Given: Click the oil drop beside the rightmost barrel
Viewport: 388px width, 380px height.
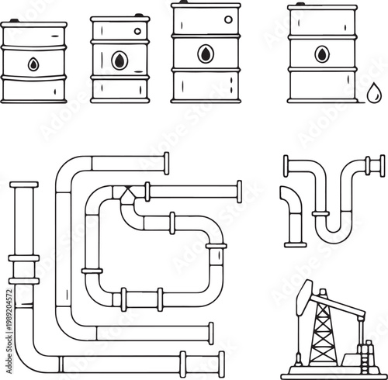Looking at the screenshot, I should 374,94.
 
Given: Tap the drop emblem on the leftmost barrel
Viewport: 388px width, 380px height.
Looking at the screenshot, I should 33,64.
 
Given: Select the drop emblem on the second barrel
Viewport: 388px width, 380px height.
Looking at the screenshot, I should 118,60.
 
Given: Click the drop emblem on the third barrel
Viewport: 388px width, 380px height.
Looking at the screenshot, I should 205,54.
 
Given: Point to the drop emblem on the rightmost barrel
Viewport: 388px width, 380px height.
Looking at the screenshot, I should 321,54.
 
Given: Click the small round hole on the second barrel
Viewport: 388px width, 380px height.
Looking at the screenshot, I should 138,32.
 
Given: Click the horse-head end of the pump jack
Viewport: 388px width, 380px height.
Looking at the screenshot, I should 304,292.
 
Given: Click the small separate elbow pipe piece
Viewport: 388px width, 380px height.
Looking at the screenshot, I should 293,213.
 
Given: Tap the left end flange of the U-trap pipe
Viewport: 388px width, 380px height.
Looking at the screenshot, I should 286,165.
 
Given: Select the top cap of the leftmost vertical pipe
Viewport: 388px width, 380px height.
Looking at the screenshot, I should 24,185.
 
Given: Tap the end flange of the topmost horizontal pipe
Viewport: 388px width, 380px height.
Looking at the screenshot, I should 166,164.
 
